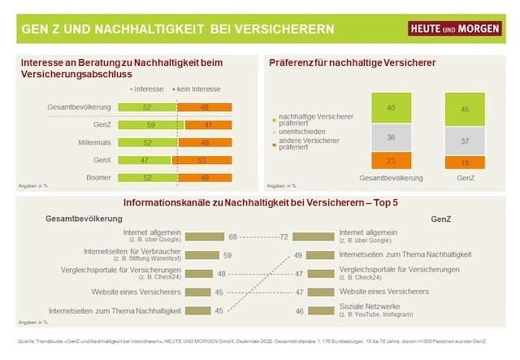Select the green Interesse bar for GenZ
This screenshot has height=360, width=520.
click(151, 125)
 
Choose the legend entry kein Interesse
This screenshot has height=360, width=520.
click(198, 89)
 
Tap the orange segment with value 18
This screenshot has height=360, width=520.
click(465, 162)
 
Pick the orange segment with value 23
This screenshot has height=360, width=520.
click(390, 161)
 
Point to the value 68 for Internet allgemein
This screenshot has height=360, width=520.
click(232, 237)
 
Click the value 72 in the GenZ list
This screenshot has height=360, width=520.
click(284, 237)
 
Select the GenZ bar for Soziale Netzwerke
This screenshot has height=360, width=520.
click(314, 310)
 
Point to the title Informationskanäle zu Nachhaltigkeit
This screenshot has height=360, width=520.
click(260, 202)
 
